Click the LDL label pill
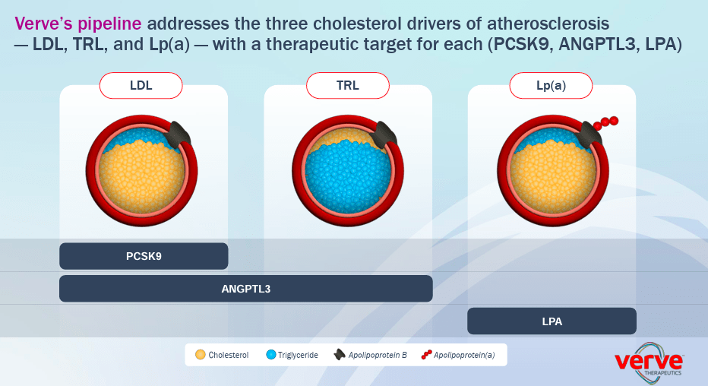click(x=141, y=85)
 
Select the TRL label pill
click(x=348, y=85)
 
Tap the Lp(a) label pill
click(x=551, y=85)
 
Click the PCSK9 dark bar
click(x=144, y=256)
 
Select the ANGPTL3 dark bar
click(x=246, y=289)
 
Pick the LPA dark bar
click(x=552, y=321)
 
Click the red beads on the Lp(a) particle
click(x=606, y=123)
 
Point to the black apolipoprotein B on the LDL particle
click(x=179, y=134)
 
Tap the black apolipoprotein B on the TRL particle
click(x=384, y=134)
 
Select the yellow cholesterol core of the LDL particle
click(x=141, y=174)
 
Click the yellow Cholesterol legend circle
click(x=201, y=355)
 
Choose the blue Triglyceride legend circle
click(x=271, y=355)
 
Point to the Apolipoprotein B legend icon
click(x=340, y=355)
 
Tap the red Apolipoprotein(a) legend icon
click(x=426, y=355)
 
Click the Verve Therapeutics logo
click(x=649, y=362)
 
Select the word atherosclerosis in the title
click(x=548, y=24)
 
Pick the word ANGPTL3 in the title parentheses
click(x=597, y=44)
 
